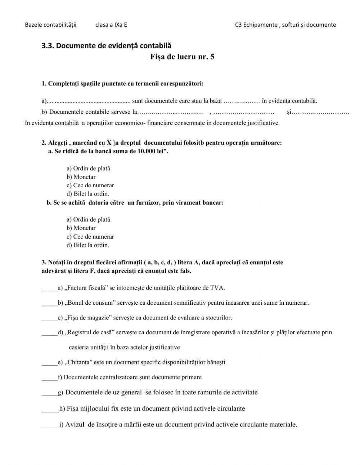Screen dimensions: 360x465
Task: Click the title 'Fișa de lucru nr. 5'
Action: click(x=182, y=57)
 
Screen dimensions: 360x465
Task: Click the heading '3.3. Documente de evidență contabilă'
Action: click(x=107, y=46)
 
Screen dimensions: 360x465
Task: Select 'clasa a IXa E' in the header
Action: click(x=111, y=25)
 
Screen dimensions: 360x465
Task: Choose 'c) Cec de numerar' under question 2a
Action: click(x=90, y=185)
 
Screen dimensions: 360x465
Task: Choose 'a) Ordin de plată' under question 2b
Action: click(x=88, y=220)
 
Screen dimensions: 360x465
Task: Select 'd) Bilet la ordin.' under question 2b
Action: click(x=87, y=245)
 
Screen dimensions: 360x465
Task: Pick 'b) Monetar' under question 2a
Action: click(x=81, y=177)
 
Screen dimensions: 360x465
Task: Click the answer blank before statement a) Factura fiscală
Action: click(x=49, y=288)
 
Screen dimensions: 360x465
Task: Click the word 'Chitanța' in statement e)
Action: click(x=78, y=362)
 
